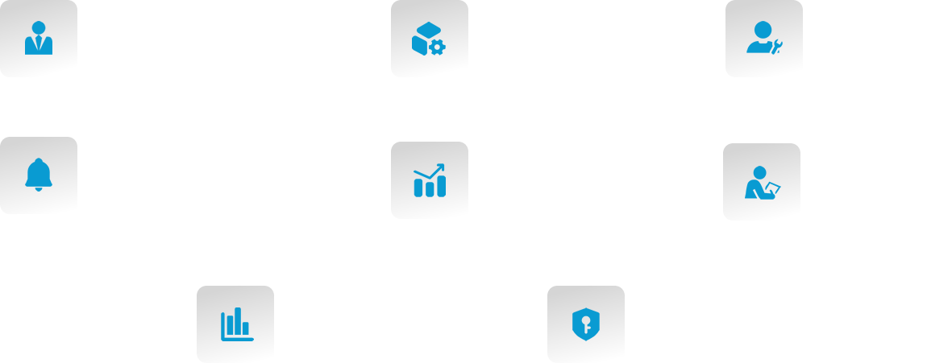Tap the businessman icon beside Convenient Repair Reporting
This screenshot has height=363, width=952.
coord(38,39)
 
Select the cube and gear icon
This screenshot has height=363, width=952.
coord(428,39)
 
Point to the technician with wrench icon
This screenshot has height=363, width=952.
coord(763,39)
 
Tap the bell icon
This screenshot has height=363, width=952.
coord(38,175)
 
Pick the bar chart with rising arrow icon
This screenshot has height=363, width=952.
coord(429,180)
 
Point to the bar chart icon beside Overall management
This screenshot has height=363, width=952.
coord(235,324)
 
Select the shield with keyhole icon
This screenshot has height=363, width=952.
coord(585,324)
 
